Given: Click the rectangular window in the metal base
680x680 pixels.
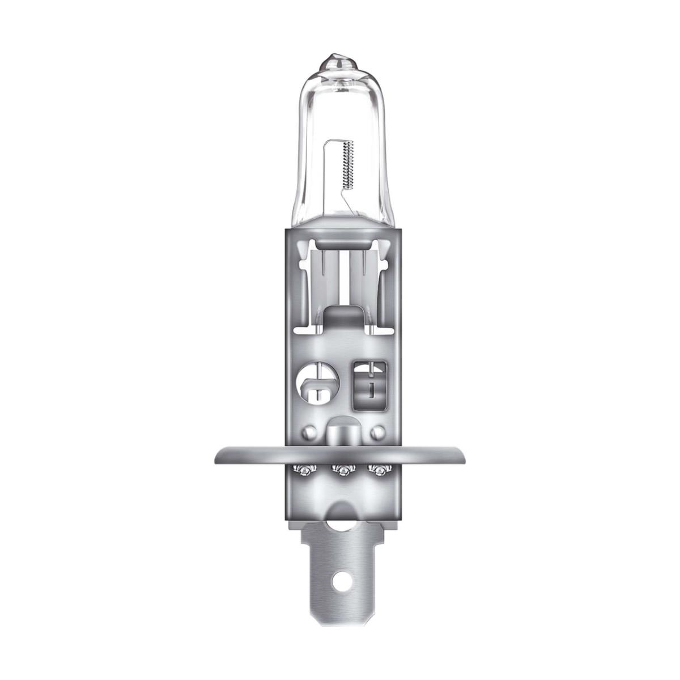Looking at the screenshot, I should pyautogui.click(x=369, y=384).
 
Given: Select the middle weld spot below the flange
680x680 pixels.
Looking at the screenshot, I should pyautogui.click(x=342, y=470).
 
